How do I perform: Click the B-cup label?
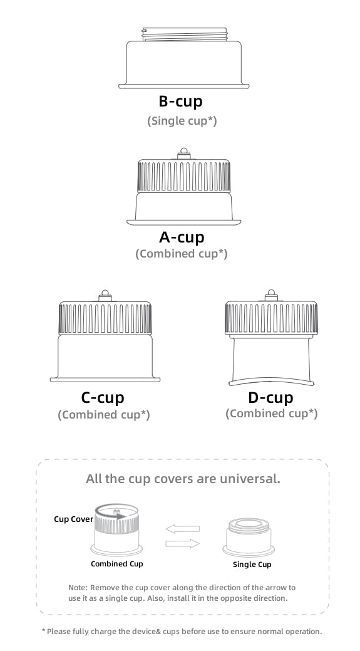point(180,102)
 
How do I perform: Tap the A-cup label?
point(182,237)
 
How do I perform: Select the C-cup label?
point(103,398)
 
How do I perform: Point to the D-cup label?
point(271,397)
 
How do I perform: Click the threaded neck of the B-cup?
point(184,34)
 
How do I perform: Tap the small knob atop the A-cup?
point(183,154)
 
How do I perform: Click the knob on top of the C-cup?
point(105,296)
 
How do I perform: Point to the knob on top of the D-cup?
point(271,296)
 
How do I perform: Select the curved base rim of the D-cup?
point(271,380)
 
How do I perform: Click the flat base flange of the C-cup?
point(105,380)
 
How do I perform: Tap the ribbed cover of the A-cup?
point(183,176)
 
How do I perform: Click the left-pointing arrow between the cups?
point(182,529)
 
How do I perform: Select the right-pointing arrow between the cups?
point(182,543)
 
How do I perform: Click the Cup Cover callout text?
point(73,519)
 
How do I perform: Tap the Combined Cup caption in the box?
point(117,564)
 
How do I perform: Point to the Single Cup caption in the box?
point(252,565)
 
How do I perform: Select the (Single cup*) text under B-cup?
point(182,121)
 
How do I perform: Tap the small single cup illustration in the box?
point(249,536)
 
